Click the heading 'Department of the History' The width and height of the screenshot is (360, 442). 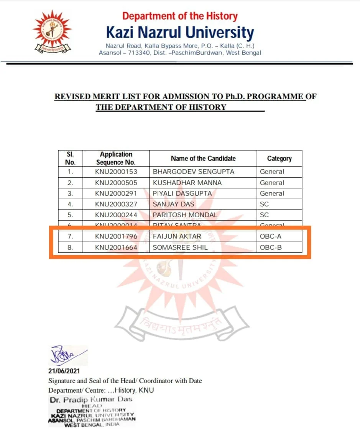[180, 16]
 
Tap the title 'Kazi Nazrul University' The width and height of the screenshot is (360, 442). [180, 33]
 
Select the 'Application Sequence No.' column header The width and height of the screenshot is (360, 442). [116, 158]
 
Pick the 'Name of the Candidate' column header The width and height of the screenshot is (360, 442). [203, 158]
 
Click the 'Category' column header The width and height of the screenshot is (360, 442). [279, 159]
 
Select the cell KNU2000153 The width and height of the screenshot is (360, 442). [116, 172]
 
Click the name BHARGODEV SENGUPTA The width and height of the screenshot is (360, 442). [193, 172]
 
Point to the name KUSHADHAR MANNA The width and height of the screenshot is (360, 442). [187, 183]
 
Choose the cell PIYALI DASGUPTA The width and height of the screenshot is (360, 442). [182, 193]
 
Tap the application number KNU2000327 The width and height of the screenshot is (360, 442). [116, 204]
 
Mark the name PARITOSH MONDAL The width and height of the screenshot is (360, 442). [185, 215]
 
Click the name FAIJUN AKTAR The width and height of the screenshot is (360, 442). [177, 236]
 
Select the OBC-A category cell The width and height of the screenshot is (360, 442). [271, 236]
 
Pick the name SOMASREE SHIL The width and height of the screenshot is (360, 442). [180, 247]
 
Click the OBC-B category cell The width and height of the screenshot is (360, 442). [271, 247]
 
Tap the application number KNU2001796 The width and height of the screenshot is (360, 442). [116, 236]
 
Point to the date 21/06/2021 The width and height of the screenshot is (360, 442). [64, 371]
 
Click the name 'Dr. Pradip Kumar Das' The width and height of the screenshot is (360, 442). [91, 399]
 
